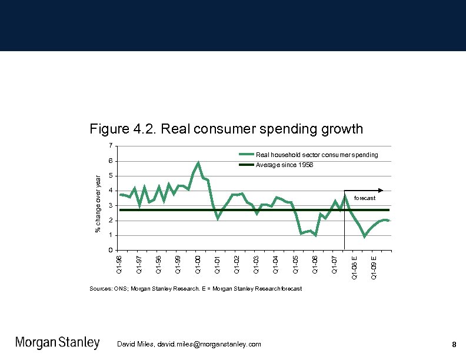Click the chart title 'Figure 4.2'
click(226, 128)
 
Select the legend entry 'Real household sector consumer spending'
click(317, 155)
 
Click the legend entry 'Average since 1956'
click(285, 165)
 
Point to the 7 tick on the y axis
click(110, 146)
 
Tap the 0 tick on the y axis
click(110, 251)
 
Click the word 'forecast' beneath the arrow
click(365, 198)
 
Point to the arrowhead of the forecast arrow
click(381, 190)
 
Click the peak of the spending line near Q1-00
click(198, 162)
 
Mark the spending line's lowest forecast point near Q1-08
click(364, 236)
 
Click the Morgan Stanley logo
click(57, 343)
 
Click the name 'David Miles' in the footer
click(135, 344)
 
